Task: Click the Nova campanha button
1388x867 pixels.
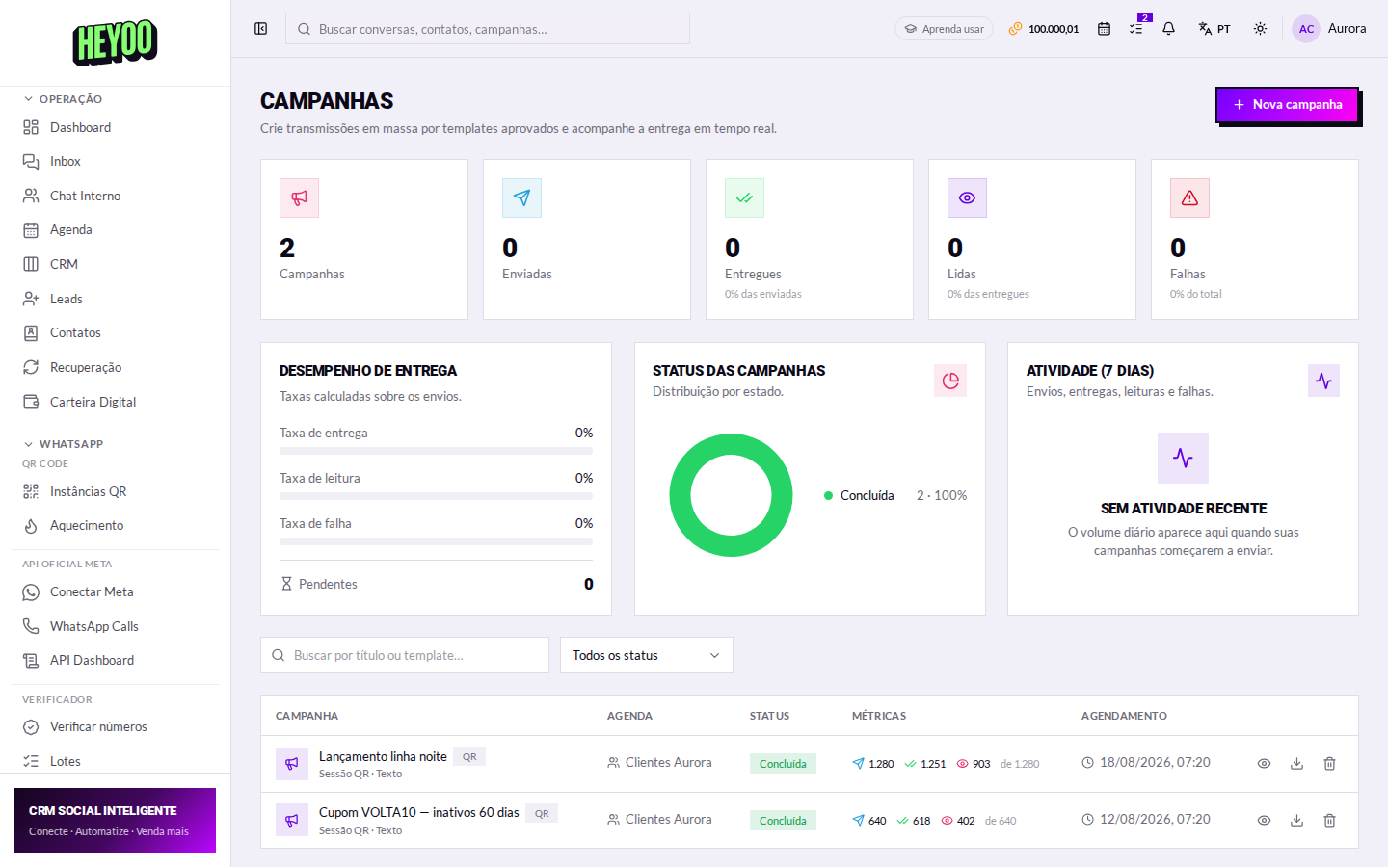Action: pos(1288,105)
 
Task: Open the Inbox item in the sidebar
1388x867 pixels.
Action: pos(66,161)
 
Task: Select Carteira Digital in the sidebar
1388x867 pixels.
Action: pos(93,402)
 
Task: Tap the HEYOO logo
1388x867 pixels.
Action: pos(115,42)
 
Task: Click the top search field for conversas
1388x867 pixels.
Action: pos(487,29)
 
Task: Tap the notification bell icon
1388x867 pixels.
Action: pos(1168,29)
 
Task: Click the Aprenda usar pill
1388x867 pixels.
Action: pos(944,29)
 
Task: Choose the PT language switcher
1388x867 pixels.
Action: pos(1214,29)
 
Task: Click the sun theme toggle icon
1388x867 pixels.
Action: pos(1260,29)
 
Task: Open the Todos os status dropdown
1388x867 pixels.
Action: pos(646,655)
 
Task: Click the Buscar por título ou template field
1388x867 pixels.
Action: pos(405,655)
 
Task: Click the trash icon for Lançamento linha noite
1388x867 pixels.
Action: pos(1330,764)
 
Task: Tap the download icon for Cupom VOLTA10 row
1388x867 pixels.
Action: pos(1297,821)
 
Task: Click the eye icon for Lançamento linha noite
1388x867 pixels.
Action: pos(1264,764)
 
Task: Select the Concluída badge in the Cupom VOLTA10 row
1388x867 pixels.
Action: pos(783,821)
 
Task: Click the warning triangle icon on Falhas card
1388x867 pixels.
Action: pos(1189,198)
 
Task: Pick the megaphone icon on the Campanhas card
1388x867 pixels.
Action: pos(299,198)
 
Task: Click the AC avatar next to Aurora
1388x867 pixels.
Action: pos(1306,29)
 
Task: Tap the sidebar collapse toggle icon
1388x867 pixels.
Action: pos(261,29)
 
